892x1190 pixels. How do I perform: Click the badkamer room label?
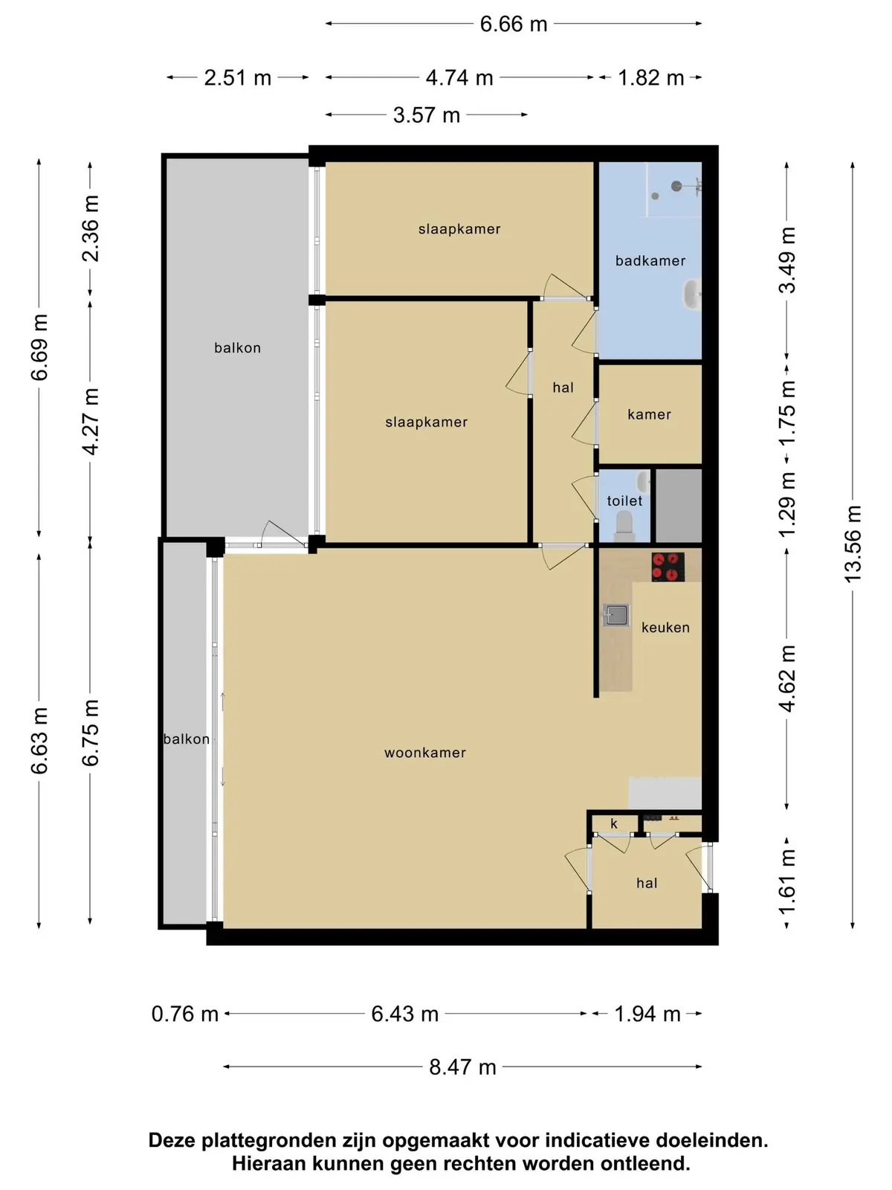coord(650,261)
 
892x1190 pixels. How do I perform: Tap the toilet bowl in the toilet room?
coord(624,527)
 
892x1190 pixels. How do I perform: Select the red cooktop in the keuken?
coord(668,567)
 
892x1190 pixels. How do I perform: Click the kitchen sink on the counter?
coord(616,615)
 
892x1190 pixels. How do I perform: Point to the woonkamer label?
coord(425,753)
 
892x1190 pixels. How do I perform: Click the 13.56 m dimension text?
coord(853,544)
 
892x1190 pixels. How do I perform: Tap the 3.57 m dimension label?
coord(427,115)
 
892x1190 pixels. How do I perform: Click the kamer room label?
coord(649,414)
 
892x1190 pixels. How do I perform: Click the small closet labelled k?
coord(614,823)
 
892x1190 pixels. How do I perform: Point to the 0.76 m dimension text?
coord(184,1014)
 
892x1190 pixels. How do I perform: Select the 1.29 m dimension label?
coord(787,504)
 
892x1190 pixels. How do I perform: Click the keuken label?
coord(665,627)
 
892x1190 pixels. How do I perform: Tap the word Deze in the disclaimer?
coord(172,1140)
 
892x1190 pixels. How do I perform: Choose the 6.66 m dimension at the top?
coord(514,25)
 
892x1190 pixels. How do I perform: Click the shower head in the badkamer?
coord(676,186)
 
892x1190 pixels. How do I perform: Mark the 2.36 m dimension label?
coord(91,229)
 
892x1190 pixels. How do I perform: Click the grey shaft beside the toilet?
coord(679,505)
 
